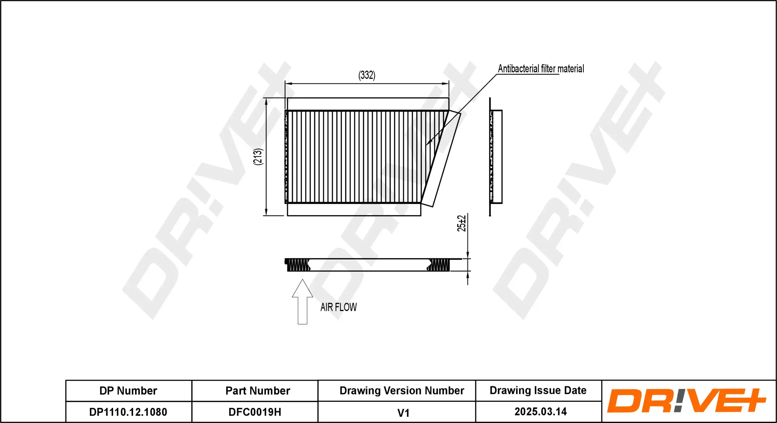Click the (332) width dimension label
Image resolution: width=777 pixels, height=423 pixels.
pyautogui.click(x=367, y=75)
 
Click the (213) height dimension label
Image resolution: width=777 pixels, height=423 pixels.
pyautogui.click(x=258, y=157)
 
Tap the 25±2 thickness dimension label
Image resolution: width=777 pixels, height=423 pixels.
pyautogui.click(x=462, y=223)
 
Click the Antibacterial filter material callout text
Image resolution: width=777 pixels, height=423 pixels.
pyautogui.click(x=541, y=69)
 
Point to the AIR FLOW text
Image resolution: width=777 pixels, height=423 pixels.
pyautogui.click(x=338, y=307)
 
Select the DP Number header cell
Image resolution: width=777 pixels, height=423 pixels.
pyautogui.click(x=128, y=391)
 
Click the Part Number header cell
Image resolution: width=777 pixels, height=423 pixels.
pyautogui.click(x=258, y=391)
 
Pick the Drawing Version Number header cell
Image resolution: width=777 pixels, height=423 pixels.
pyautogui.click(x=402, y=390)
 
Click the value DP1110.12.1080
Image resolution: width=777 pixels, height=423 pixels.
pyautogui.click(x=128, y=412)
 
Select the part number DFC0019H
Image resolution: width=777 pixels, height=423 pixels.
pyautogui.click(x=255, y=412)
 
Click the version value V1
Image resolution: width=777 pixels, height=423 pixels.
pyautogui.click(x=403, y=413)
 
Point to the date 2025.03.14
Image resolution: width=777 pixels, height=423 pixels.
pyautogui.click(x=541, y=412)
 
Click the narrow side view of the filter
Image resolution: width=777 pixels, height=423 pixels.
pyautogui.click(x=495, y=157)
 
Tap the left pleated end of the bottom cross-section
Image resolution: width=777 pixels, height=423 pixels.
pyautogui.click(x=298, y=265)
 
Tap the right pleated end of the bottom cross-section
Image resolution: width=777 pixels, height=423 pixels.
pyautogui.click(x=439, y=265)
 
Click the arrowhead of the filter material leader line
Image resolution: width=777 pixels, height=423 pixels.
pyautogui.click(x=428, y=143)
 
